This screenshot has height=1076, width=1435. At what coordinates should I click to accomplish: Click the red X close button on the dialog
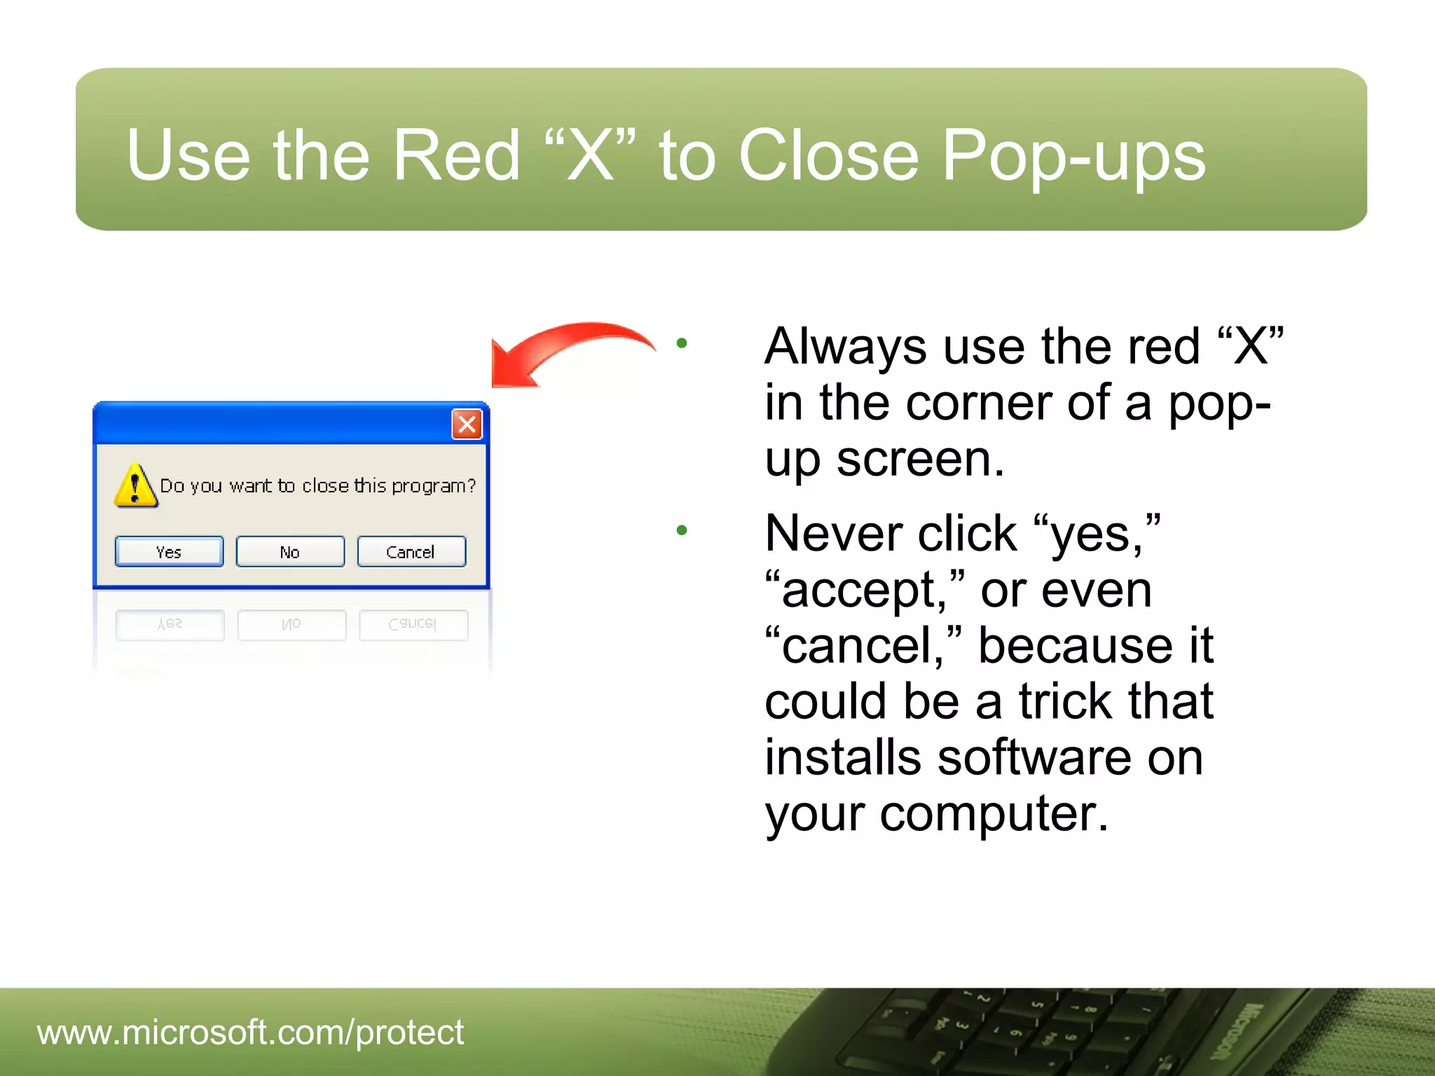tap(467, 425)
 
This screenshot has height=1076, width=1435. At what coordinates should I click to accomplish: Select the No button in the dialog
tap(290, 552)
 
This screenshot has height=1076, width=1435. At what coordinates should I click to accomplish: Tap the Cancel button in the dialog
tap(411, 552)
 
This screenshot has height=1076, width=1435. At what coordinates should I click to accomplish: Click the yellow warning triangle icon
tap(135, 485)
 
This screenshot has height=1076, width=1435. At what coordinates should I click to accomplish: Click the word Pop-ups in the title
tap(1073, 156)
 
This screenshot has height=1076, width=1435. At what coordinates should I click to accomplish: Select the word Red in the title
tap(456, 156)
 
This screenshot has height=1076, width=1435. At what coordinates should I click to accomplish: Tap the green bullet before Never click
tap(682, 530)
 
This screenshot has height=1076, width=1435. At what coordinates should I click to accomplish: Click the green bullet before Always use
tap(682, 343)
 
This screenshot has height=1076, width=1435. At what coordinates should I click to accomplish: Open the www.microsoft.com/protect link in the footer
tap(250, 1033)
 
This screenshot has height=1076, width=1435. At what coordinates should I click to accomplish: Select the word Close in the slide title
tap(828, 156)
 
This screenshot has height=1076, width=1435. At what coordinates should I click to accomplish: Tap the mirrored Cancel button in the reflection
tap(413, 624)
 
